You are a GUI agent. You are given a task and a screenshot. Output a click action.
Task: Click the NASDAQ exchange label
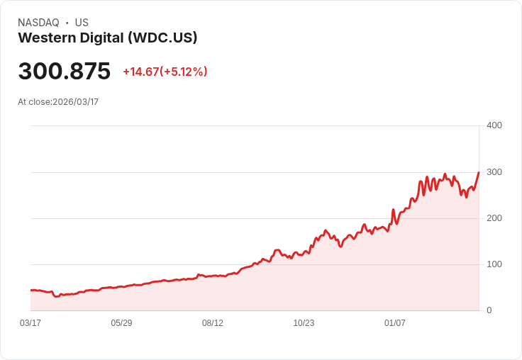pos(38,23)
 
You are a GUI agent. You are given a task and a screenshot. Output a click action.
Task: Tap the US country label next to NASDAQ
pos(82,23)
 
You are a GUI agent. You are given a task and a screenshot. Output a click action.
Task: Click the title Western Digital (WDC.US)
pos(108,38)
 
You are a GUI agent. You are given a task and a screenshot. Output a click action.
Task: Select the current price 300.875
pos(65,72)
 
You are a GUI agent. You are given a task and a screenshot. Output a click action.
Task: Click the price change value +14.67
pos(140,72)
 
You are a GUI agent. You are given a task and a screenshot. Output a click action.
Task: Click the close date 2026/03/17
pos(76,102)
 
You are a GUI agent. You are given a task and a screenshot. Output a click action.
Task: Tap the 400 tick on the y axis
pos(494,125)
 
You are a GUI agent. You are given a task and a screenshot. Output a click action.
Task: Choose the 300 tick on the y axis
pos(494,172)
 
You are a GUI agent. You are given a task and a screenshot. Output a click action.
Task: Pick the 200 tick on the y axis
pos(494,218)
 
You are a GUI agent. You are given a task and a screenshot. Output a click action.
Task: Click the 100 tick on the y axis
pos(494,264)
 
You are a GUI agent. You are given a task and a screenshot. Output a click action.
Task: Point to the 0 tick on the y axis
pos(489,310)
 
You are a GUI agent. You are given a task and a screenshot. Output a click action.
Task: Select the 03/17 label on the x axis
pos(30,323)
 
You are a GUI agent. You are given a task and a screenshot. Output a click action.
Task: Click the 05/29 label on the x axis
pos(121,323)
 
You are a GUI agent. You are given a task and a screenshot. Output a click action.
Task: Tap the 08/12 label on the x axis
pos(213,323)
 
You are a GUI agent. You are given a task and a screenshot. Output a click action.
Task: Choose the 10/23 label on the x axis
pos(304,323)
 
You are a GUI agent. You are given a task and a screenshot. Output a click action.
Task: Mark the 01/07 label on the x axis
pos(395,323)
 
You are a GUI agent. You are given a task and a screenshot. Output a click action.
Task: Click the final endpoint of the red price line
pos(479,172)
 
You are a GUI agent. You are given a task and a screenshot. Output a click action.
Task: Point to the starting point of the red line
pos(30,291)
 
